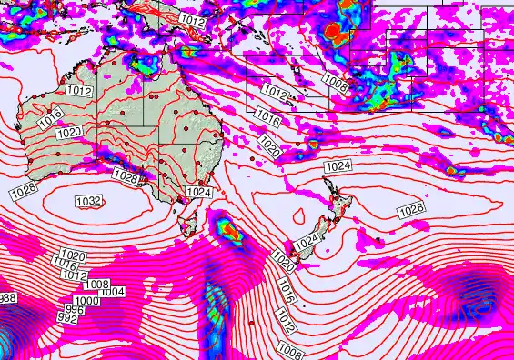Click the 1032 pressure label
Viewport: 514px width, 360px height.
coord(88,201)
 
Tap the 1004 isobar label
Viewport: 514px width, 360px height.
coord(112,291)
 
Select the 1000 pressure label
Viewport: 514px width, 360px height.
coord(86,301)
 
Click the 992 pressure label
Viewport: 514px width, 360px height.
coord(66,318)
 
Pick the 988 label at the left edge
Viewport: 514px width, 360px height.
coord(7,298)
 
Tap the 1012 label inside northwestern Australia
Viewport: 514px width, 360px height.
coord(79,90)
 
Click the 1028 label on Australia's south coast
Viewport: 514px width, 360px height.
coord(125,176)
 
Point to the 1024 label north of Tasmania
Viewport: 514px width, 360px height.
coord(198,192)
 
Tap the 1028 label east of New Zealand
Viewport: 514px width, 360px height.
coord(411,210)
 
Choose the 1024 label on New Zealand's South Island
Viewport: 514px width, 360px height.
coord(307,241)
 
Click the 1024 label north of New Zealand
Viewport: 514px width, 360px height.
coord(338,166)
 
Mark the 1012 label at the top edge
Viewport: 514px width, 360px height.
coord(192,19)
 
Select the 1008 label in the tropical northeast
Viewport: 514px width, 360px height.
coord(336,85)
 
